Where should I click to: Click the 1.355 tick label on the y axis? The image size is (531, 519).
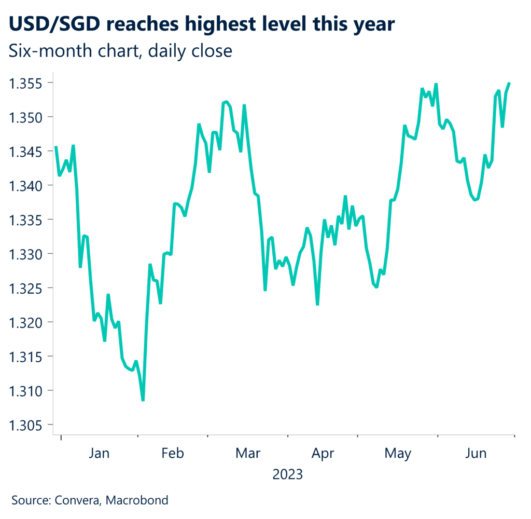[27, 83]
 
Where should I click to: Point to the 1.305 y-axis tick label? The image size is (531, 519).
[27, 425]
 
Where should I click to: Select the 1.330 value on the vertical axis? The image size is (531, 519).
[27, 254]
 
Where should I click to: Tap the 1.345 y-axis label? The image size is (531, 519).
[27, 152]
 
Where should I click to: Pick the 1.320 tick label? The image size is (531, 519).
[27, 322]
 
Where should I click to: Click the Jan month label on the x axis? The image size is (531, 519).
[99, 453]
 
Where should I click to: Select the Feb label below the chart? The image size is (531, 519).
[173, 453]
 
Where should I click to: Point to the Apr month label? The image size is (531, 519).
[323, 453]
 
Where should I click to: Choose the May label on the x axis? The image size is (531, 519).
[398, 453]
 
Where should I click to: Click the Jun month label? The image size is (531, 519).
[476, 453]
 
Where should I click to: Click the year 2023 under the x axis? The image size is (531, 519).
[287, 474]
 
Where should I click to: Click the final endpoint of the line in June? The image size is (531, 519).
[510, 83]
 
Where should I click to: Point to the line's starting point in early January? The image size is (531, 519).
[55, 147]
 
